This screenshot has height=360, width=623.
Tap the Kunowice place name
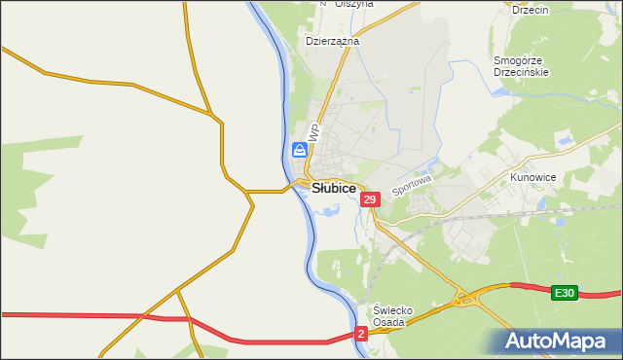531,179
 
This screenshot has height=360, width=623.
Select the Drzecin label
531,10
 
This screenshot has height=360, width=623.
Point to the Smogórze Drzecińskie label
522,66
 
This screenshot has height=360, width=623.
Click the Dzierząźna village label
333,42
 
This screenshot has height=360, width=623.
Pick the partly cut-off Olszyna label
354,4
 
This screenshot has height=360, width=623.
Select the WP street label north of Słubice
313,131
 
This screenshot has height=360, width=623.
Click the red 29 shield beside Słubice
369,199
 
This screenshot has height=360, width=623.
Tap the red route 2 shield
361,334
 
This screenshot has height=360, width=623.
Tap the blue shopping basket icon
299,150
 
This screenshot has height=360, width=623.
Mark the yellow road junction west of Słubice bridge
249,192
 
